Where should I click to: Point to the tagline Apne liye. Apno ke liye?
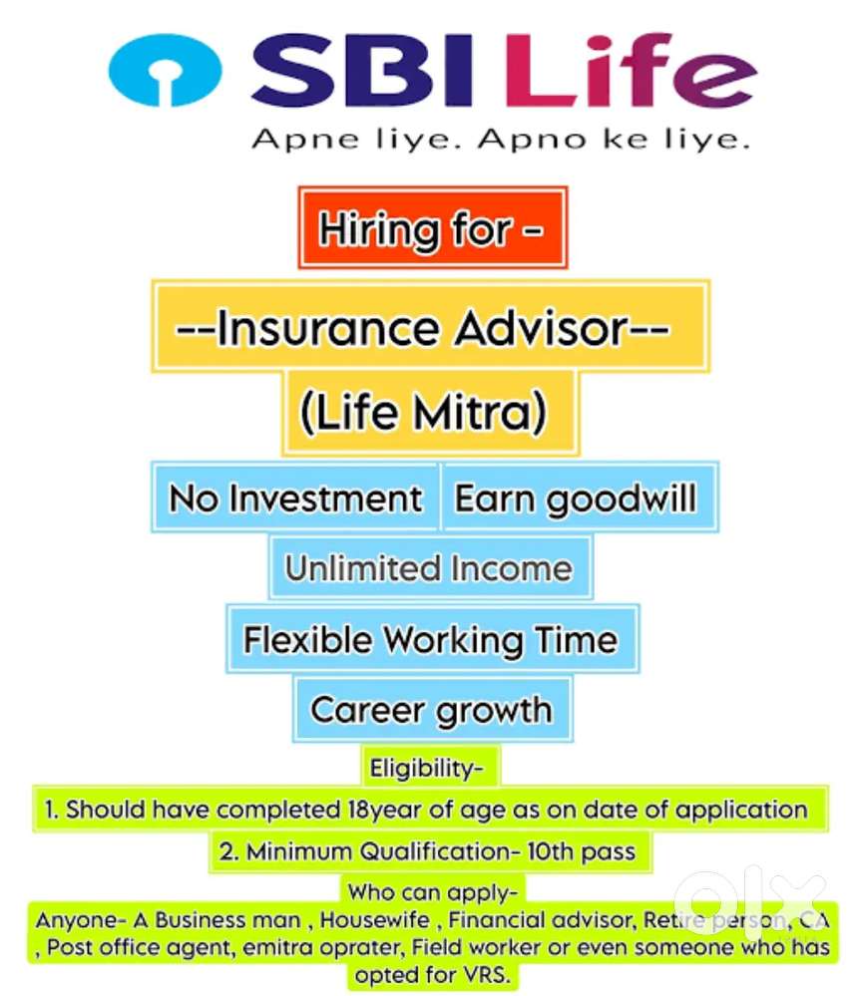click(499, 140)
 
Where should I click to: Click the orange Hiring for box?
click(432, 227)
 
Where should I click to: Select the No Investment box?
click(295, 497)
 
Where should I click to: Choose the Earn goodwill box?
click(577, 497)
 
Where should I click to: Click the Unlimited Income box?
click(429, 568)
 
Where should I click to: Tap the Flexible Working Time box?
click(431, 638)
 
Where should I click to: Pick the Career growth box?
click(431, 710)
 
